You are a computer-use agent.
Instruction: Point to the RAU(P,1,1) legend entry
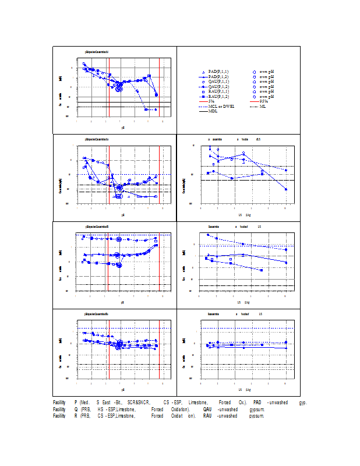pyautogui.click(x=218, y=91)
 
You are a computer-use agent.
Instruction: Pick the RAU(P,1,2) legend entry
pyautogui.click(x=218, y=96)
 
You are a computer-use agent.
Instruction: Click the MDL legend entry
pyautogui.click(x=213, y=111)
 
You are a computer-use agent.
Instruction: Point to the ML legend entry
pyautogui.click(x=263, y=106)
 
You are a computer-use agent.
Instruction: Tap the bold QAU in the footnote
pyautogui.click(x=207, y=409)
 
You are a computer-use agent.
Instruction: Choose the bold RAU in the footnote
pyautogui.click(x=207, y=416)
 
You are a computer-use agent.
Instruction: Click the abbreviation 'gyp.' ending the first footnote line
pyautogui.click(x=303, y=403)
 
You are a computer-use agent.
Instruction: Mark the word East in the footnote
pyautogui.click(x=107, y=403)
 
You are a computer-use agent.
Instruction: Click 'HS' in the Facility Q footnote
pyautogui.click(x=100, y=409)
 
